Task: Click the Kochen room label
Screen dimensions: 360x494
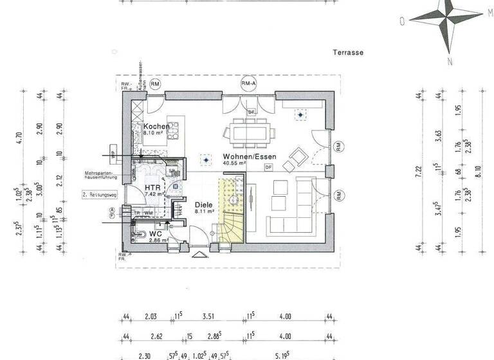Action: pyautogui.click(x=156, y=127)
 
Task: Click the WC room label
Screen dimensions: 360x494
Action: pyautogui.click(x=155, y=233)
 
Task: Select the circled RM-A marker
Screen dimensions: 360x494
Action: pyautogui.click(x=249, y=84)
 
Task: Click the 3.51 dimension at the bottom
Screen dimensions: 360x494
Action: pyautogui.click(x=208, y=316)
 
